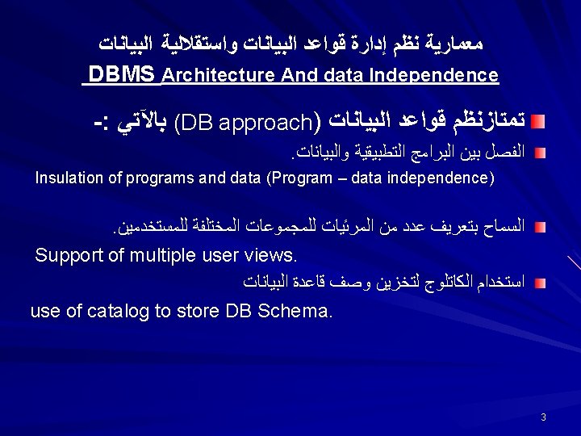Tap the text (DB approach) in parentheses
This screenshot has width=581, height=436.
246,121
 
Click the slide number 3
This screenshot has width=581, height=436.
544,417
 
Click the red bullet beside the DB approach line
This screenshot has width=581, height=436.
539,121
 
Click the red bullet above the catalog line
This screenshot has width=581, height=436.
539,283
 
